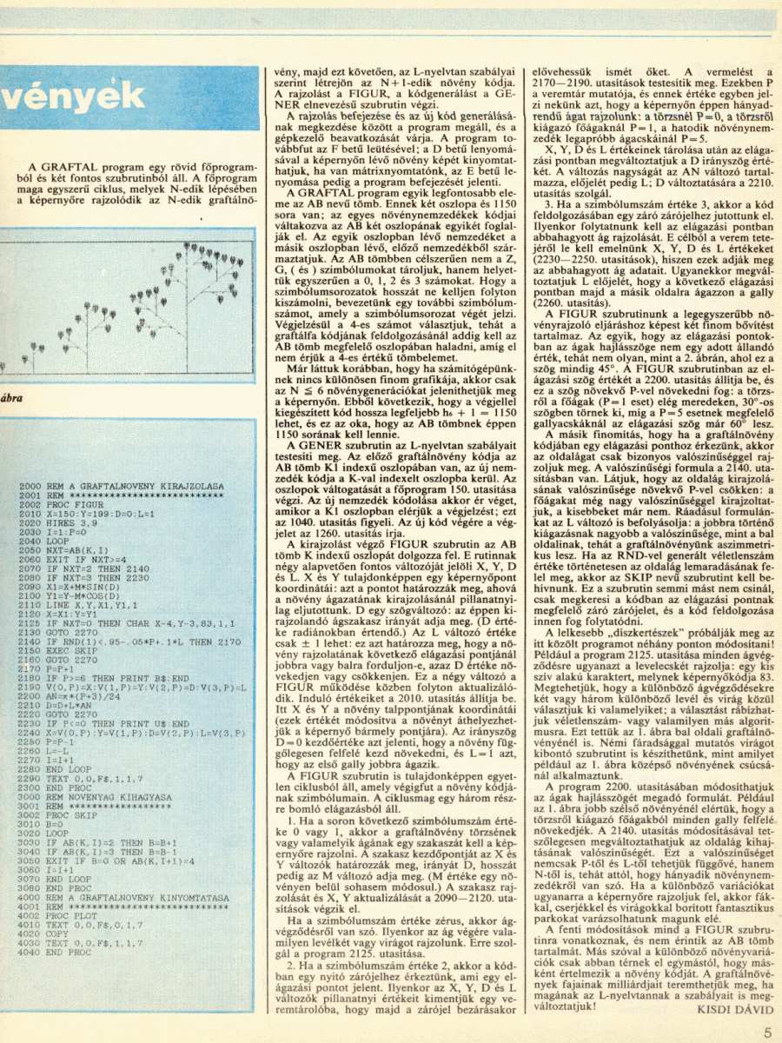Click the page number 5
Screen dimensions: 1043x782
tap(767, 1033)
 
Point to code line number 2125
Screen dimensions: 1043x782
tap(30, 622)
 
